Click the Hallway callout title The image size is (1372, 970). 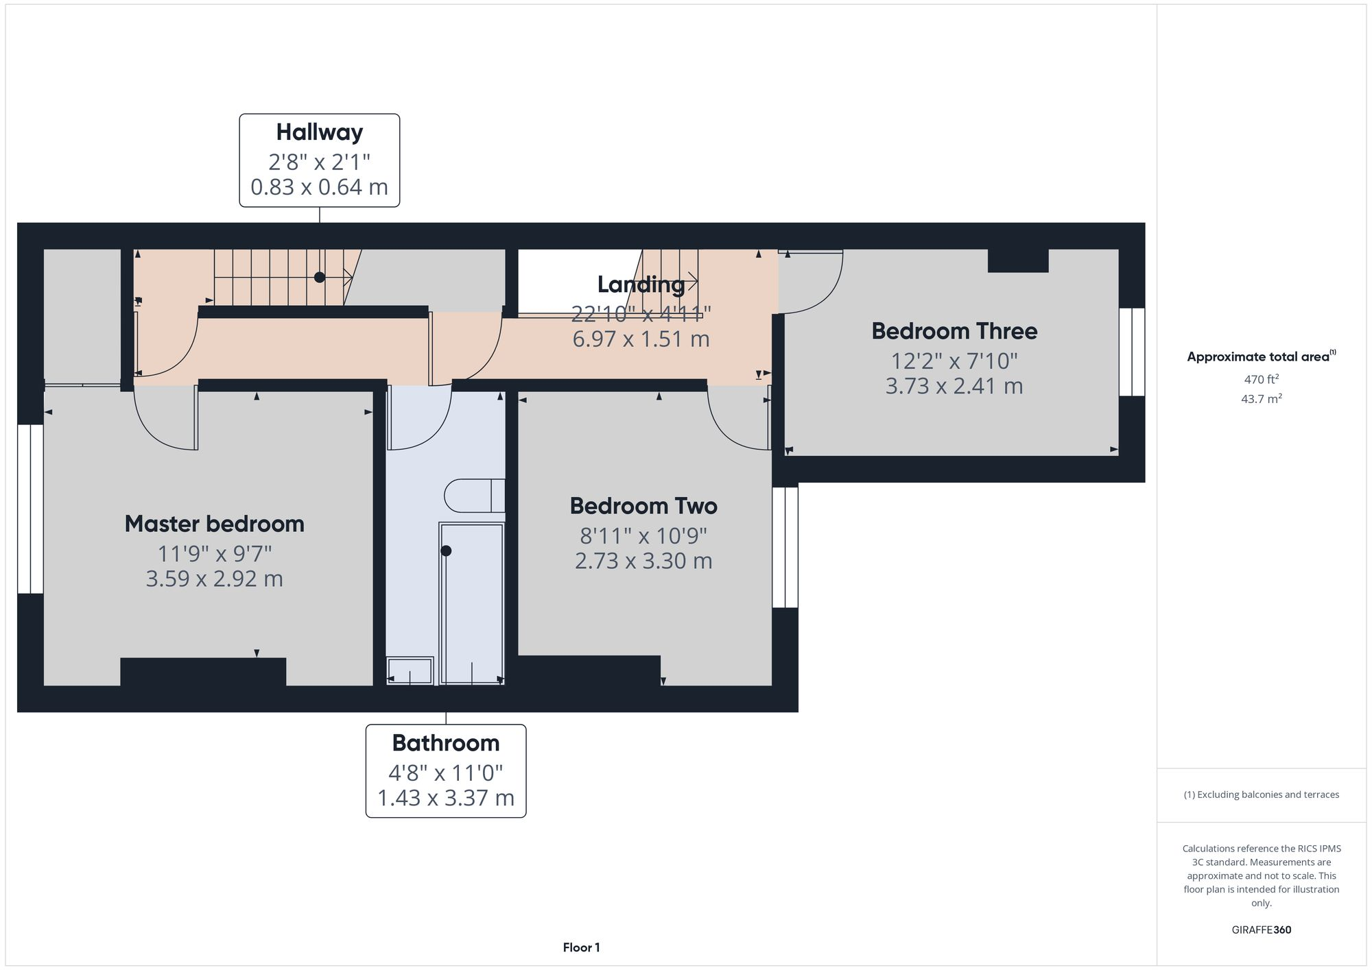coord(319,132)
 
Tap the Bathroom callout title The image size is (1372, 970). coord(446,743)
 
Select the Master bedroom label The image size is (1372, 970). coord(214,524)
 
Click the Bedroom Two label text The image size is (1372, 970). coord(643,506)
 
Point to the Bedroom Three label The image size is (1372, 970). coord(954,331)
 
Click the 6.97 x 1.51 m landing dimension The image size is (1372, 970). coord(641,339)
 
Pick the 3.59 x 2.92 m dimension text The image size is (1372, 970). coord(214,579)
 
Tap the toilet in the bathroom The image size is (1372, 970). coord(473,496)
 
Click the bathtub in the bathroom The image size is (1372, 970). coord(471,603)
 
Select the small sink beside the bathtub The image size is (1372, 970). coord(410,670)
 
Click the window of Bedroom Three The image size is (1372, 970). coord(1132,352)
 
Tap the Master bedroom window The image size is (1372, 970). coord(30,509)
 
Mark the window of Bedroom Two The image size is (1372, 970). coord(785,547)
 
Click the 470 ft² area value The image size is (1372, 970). coord(1261,378)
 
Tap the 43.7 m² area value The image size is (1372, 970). coord(1261,398)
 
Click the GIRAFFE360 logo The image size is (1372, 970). coord(1261,930)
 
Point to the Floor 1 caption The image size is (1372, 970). coord(581,947)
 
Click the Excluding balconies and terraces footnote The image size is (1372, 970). coord(1261,795)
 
